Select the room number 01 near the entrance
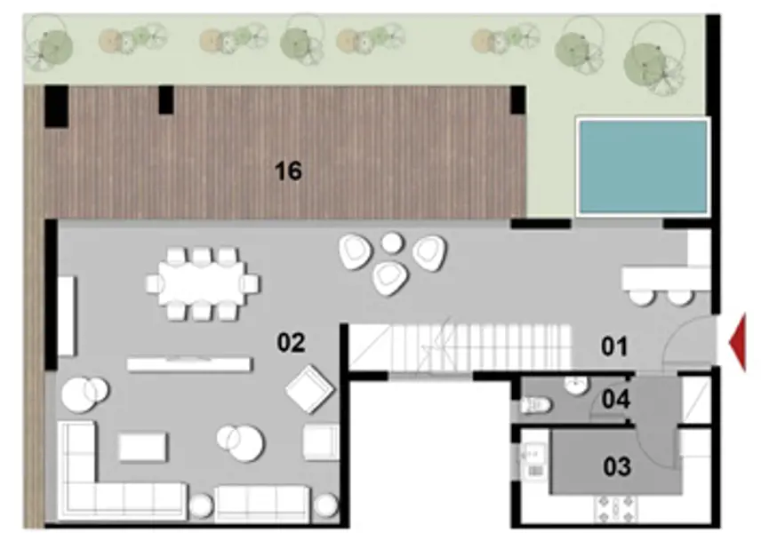pos(615,346)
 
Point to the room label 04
pos(615,400)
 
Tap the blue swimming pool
pos(642,166)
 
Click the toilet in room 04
pos(536,405)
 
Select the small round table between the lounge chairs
pos(391,242)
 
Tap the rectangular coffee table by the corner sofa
pos(142,447)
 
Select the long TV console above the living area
pos(188,364)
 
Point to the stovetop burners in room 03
pos(613,511)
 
